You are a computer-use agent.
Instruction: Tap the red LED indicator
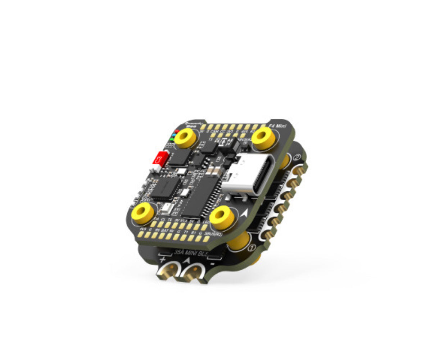pos(176,132)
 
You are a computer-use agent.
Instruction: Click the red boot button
pos(159,158)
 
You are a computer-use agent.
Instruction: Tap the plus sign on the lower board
pos(163,259)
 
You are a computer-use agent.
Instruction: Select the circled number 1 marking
pos(252,247)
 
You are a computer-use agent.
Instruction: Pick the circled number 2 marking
pos(298,157)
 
